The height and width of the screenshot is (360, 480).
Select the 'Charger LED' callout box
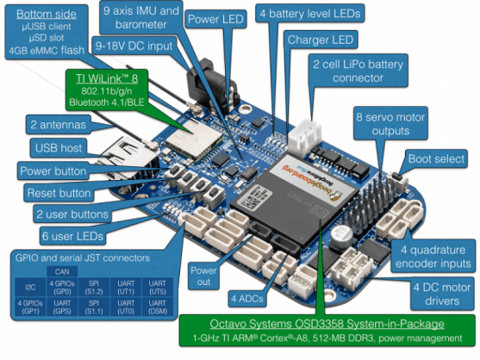point(321,40)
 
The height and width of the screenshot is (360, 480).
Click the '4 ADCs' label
point(246,299)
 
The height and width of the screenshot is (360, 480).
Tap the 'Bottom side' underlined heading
point(44,15)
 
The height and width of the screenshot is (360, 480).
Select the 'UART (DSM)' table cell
point(159,307)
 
